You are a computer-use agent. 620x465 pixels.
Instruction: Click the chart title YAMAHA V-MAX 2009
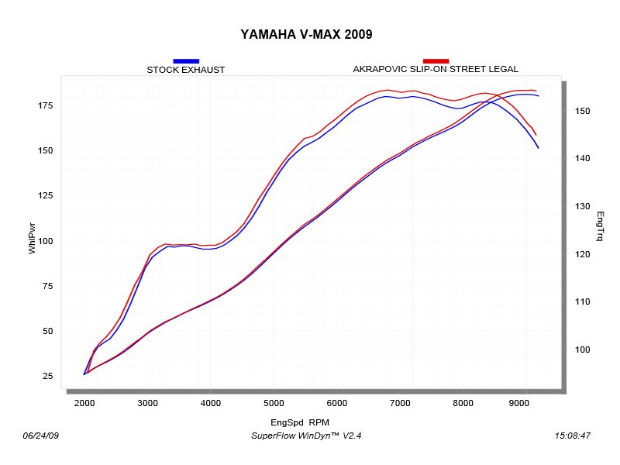306,34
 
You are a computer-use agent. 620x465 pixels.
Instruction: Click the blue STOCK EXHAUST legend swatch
186,60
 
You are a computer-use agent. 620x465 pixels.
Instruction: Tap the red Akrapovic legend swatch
436,60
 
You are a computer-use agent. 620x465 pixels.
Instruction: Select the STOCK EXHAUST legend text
186,70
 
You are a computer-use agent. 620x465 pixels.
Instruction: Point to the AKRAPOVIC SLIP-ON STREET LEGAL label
436,69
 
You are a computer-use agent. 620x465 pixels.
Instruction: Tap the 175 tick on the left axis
45,105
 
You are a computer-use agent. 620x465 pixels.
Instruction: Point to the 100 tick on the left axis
45,241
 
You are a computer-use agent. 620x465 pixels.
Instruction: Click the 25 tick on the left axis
48,377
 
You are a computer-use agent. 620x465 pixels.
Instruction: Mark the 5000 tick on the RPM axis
274,404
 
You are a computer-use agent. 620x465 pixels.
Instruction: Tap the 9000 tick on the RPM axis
526,404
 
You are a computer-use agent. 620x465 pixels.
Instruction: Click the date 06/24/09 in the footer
42,436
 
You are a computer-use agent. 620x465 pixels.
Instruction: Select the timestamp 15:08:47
573,436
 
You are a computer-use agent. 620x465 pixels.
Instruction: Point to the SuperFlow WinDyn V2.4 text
306,436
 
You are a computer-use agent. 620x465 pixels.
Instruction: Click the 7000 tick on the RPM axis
400,404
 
